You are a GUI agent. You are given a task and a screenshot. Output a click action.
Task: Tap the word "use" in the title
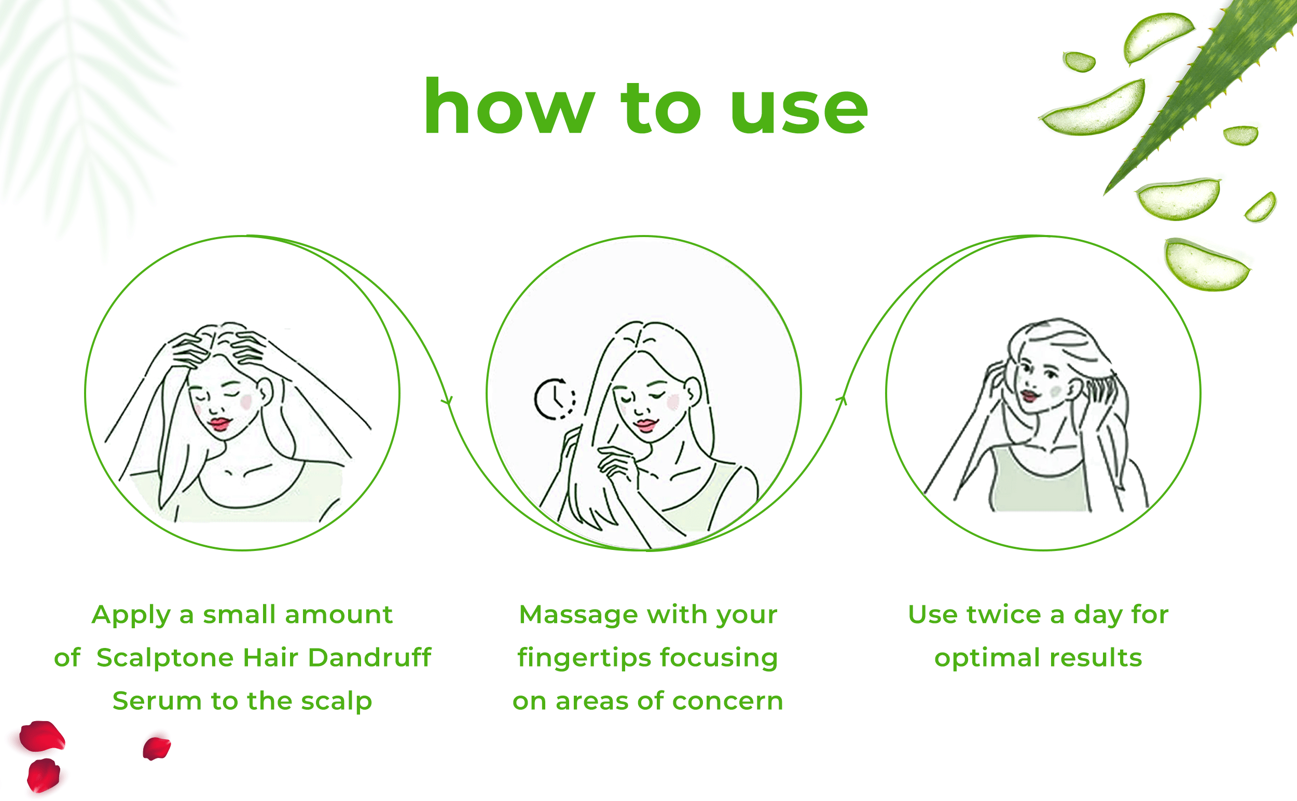[799, 112]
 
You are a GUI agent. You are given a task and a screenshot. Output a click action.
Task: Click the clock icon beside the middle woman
[555, 398]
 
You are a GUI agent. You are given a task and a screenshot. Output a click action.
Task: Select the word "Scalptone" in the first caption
[165, 658]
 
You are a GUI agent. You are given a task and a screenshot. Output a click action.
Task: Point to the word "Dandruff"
[369, 657]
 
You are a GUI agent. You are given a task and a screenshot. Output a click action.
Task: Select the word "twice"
[1004, 615]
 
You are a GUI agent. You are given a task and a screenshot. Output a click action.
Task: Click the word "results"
[1096, 658]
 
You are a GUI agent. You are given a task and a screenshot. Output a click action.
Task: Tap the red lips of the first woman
[220, 423]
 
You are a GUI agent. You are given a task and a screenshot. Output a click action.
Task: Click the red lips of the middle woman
[646, 425]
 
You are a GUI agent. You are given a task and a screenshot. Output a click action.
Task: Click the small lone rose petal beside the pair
[156, 748]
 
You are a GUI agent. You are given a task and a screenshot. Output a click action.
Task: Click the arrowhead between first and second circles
[448, 400]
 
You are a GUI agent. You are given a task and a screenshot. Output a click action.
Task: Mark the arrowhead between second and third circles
[843, 400]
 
